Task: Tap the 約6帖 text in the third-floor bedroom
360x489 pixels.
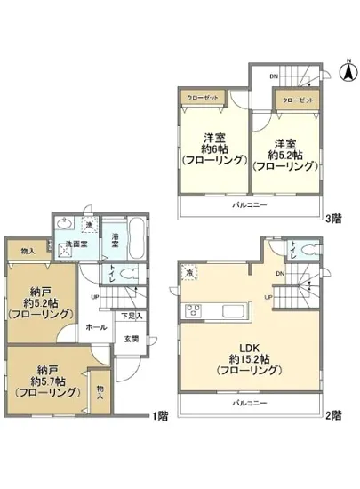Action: (213, 148)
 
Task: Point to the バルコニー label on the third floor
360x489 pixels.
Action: (250, 204)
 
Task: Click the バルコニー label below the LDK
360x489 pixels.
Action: (250, 403)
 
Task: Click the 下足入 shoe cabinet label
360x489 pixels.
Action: (129, 316)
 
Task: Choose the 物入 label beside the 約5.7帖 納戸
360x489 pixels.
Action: (101, 391)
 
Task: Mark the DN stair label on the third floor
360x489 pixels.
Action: (274, 76)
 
